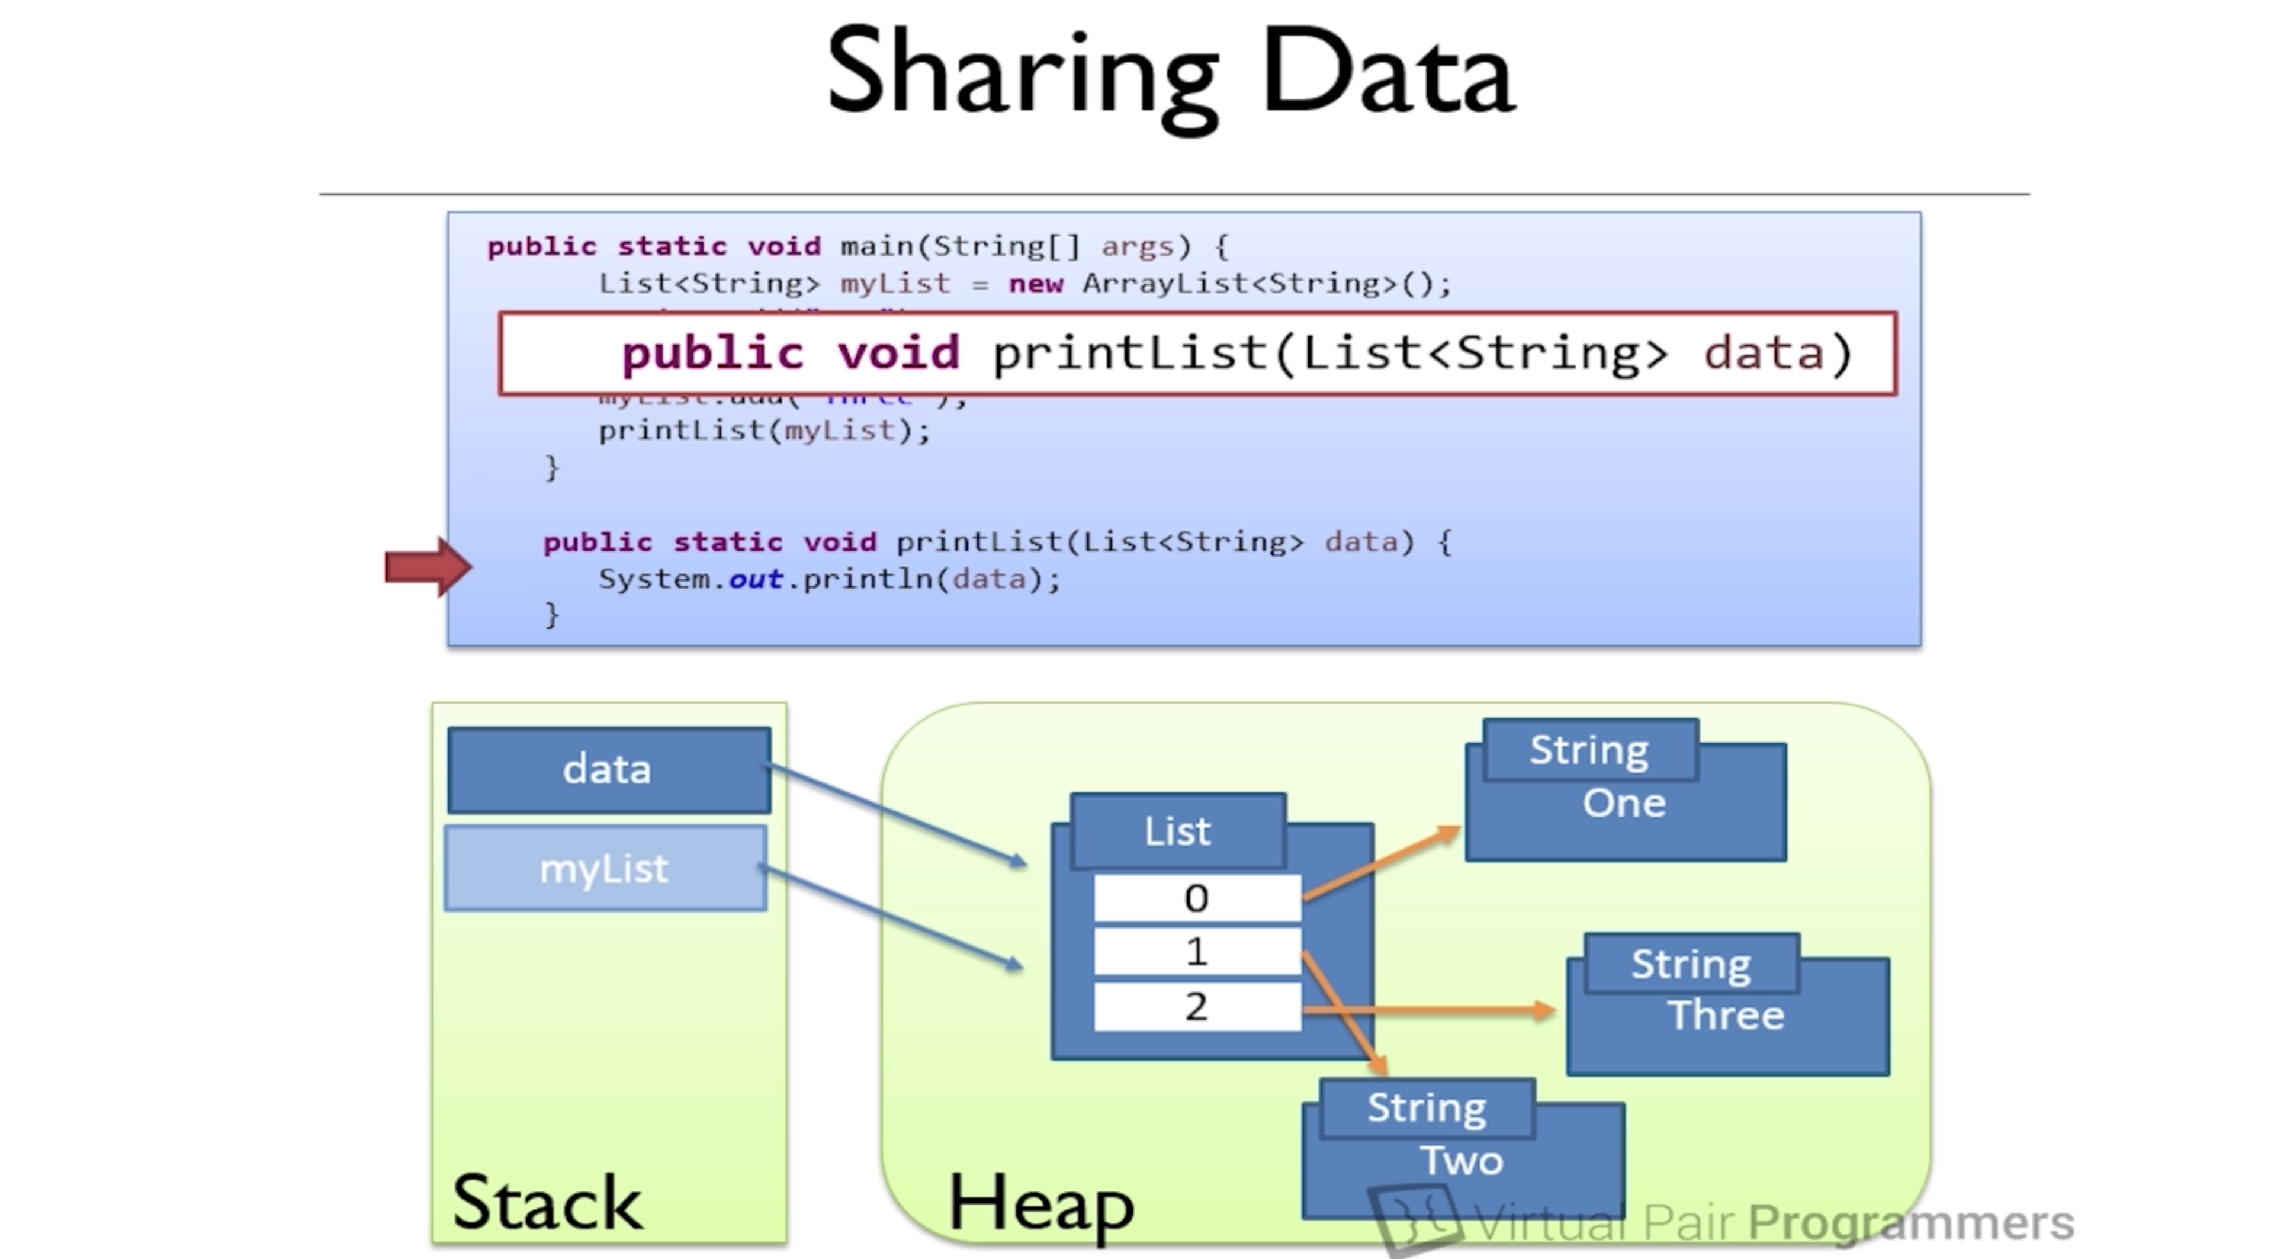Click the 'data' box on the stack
coord(608,770)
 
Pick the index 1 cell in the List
coord(1197,952)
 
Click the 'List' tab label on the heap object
coord(1178,831)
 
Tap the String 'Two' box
coord(1462,1160)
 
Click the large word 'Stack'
coord(547,1203)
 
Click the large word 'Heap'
coord(1041,1203)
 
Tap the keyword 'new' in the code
coord(1036,284)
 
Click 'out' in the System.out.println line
coord(756,579)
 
